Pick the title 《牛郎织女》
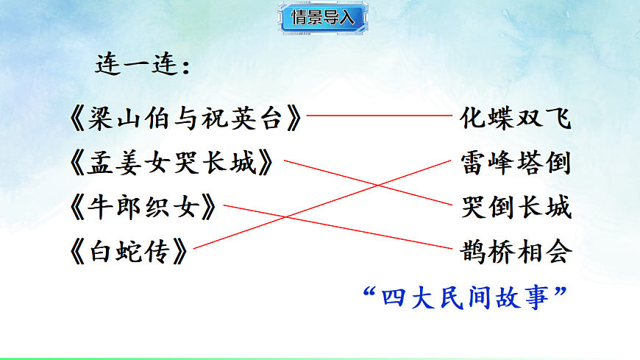pos(144,208)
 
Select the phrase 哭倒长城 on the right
pos(516,208)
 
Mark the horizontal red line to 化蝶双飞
pos(379,116)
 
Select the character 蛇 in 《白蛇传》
pos(131,254)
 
